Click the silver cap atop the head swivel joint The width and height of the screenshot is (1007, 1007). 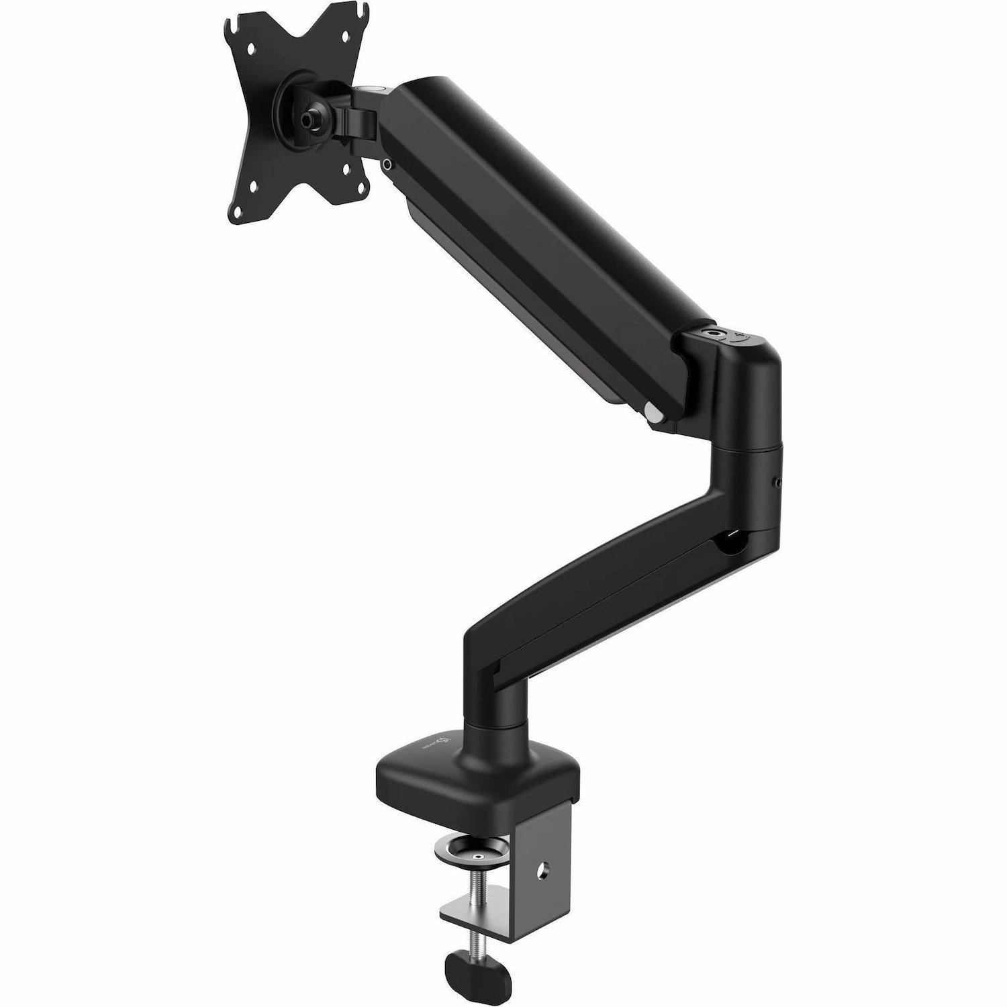[x=371, y=87]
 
